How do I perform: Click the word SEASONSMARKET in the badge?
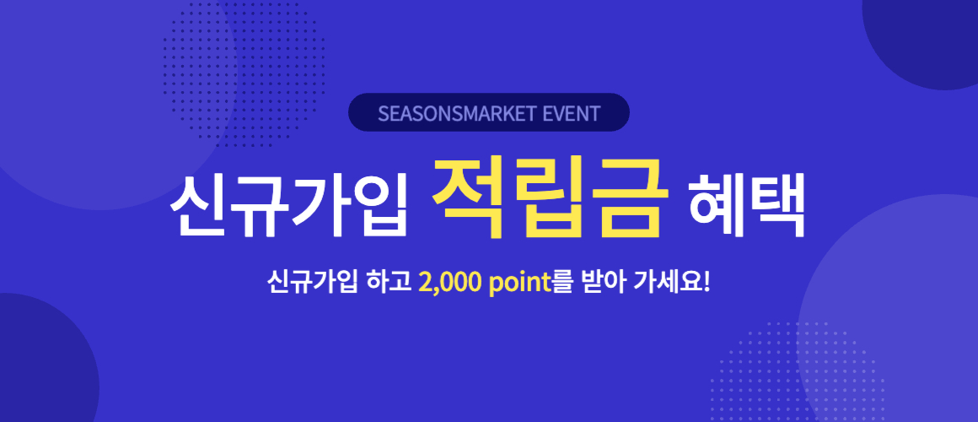coord(457,114)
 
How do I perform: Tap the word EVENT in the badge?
coord(572,114)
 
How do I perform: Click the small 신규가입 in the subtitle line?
coord(312,283)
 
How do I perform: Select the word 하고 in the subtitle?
coord(390,283)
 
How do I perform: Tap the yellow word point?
coord(520,284)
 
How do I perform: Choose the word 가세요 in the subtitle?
coord(666,283)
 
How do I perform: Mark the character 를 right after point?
coord(563,283)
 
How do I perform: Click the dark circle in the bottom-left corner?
coord(44,362)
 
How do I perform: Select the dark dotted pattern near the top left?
coord(244,73)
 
